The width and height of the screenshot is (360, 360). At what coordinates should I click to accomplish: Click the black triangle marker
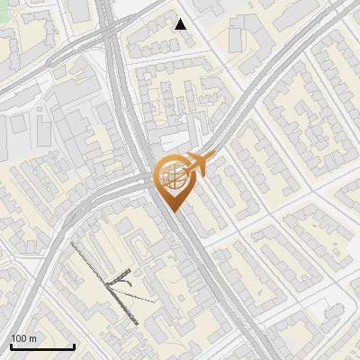[x=181, y=24]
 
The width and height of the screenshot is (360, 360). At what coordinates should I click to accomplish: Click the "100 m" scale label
[x=24, y=338]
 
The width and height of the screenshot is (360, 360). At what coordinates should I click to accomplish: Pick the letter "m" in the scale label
[x=33, y=338]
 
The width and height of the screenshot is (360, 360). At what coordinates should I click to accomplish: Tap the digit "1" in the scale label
[x=13, y=338]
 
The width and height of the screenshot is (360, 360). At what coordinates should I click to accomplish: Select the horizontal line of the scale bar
[x=41, y=346]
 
